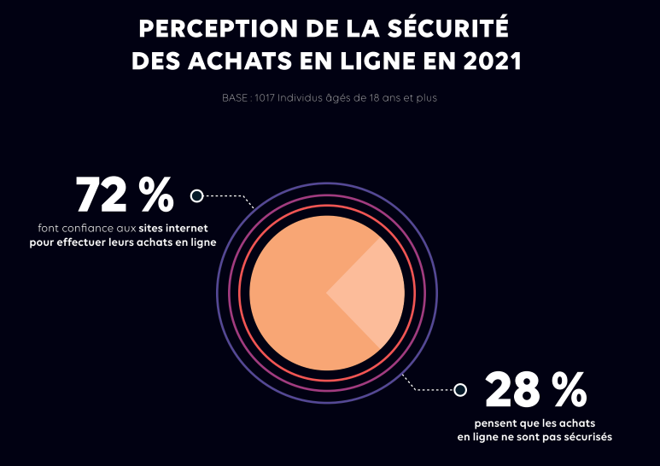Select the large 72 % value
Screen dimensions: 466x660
click(125, 195)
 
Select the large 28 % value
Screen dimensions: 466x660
click(536, 390)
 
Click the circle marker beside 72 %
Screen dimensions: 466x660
click(196, 195)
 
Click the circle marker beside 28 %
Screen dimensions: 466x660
click(460, 390)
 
